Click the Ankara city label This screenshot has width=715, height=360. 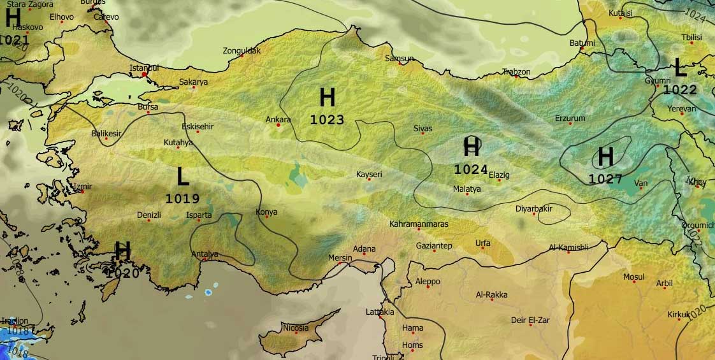coord(278,119)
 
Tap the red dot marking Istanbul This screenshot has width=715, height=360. coord(145,75)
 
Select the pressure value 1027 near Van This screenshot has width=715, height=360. coord(605,179)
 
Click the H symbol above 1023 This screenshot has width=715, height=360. coord(327,98)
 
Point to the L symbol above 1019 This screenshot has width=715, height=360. coord(183,176)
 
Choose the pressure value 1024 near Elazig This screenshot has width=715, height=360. coord(470,169)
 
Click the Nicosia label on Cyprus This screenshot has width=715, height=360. coord(296,328)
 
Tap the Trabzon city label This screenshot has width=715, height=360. coord(516,72)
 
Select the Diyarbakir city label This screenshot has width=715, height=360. coord(533,209)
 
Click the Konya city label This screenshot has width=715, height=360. coord(266,212)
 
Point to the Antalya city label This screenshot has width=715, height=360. coord(205,254)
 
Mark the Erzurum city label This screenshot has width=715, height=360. coord(570,119)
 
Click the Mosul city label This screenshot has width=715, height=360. coord(633,277)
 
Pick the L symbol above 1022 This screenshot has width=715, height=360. coord(680,67)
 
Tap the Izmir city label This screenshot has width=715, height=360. coord(83,187)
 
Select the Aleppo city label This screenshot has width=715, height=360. coord(427,281)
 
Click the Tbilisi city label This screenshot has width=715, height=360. coord(691,38)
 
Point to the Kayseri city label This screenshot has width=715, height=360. coord(368,174)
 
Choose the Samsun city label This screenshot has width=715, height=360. coord(400,59)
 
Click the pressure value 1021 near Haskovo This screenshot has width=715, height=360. coord(14,40)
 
